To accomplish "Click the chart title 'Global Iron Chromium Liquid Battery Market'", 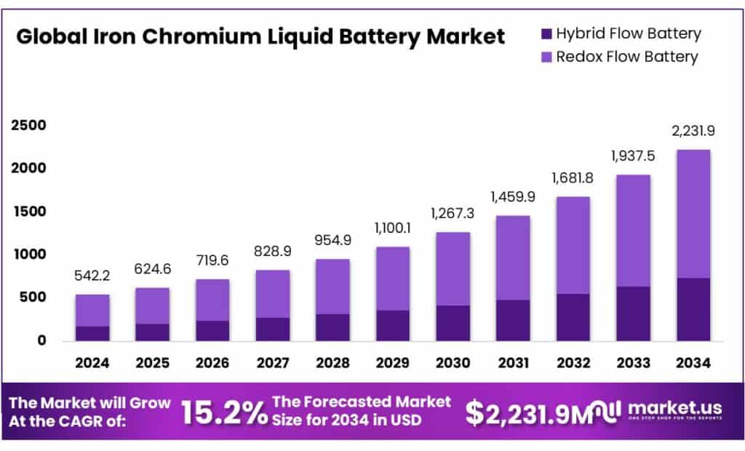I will (260, 36).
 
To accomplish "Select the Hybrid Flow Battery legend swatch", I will (543, 33).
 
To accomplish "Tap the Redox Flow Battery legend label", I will (626, 57).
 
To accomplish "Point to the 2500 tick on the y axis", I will (28, 126).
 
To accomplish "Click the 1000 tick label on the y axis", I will (28, 255).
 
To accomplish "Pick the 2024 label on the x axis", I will (92, 362).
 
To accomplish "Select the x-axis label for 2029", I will (392, 362).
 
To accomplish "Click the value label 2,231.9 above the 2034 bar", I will (693, 132).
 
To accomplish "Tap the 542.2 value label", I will (92, 276).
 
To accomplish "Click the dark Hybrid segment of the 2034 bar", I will (693, 309).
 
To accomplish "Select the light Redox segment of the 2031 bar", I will (512, 258).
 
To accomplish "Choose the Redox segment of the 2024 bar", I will (92, 311).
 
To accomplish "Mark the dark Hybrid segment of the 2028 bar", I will (332, 327).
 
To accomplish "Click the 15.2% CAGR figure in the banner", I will (223, 412).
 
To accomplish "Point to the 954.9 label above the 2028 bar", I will (332, 241).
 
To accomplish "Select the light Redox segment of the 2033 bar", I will (632, 231).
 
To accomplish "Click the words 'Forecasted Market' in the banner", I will (361, 402).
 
